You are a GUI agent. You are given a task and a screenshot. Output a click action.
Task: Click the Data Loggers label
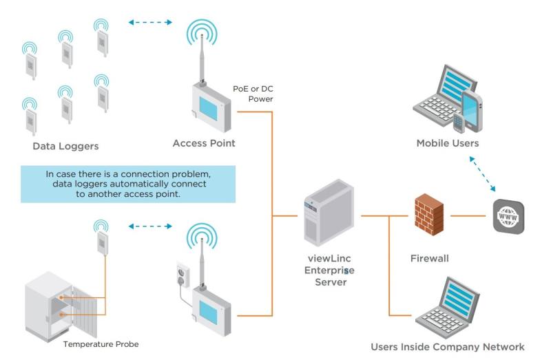pos(65,146)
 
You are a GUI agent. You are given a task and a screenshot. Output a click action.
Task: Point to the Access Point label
pos(204,143)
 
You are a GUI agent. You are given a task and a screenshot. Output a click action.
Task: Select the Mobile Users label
pos(447,143)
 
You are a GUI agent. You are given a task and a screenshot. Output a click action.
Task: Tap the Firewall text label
pos(429,259)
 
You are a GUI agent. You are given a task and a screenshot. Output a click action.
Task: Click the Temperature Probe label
pos(100,343)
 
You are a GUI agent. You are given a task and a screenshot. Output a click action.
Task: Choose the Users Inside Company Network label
pos(447,346)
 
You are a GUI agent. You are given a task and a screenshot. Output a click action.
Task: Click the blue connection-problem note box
pos(127,184)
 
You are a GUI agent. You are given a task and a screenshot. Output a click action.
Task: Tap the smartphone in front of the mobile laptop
pos(470,110)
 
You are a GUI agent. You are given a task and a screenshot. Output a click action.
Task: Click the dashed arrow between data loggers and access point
pos(149,22)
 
